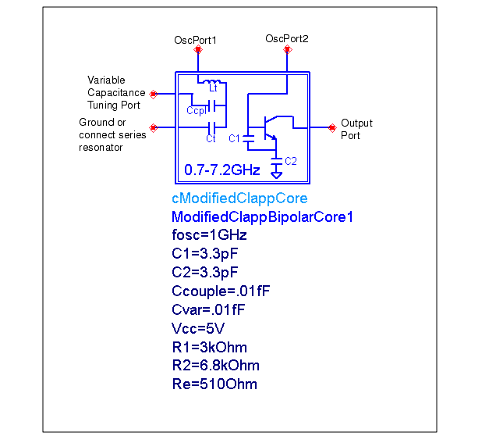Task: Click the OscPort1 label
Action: click(195, 40)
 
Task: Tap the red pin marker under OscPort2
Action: click(287, 50)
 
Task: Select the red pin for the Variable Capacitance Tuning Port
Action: click(154, 94)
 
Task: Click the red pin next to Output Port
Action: click(332, 127)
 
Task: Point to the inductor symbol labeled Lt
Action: click(212, 82)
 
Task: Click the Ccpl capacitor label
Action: click(197, 110)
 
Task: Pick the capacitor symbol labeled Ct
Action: click(212, 127)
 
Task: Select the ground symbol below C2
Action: click(276, 174)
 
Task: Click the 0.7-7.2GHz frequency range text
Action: click(222, 170)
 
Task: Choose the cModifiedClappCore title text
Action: click(239, 198)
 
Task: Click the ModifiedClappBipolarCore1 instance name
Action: click(262, 217)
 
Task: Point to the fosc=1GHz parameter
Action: click(209, 235)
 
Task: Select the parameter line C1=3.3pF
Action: click(205, 253)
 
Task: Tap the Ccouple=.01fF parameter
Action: click(221, 291)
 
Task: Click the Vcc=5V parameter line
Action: click(198, 328)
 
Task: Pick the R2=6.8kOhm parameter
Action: click(215, 366)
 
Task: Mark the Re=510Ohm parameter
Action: click(214, 384)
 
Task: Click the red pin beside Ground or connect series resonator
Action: click(154, 127)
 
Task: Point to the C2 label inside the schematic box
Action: click(291, 161)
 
